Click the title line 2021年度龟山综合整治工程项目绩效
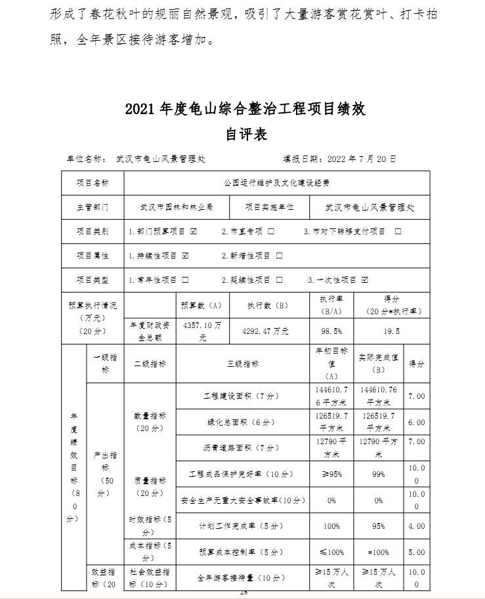click(245, 109)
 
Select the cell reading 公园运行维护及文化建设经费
click(276, 183)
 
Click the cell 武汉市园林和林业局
click(176, 207)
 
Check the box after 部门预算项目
click(194, 232)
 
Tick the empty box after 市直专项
click(271, 232)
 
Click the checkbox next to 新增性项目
click(279, 255)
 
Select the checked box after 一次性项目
click(365, 279)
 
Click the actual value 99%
click(379, 474)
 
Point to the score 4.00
click(417, 526)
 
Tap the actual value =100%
click(379, 552)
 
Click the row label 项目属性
click(93, 255)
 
